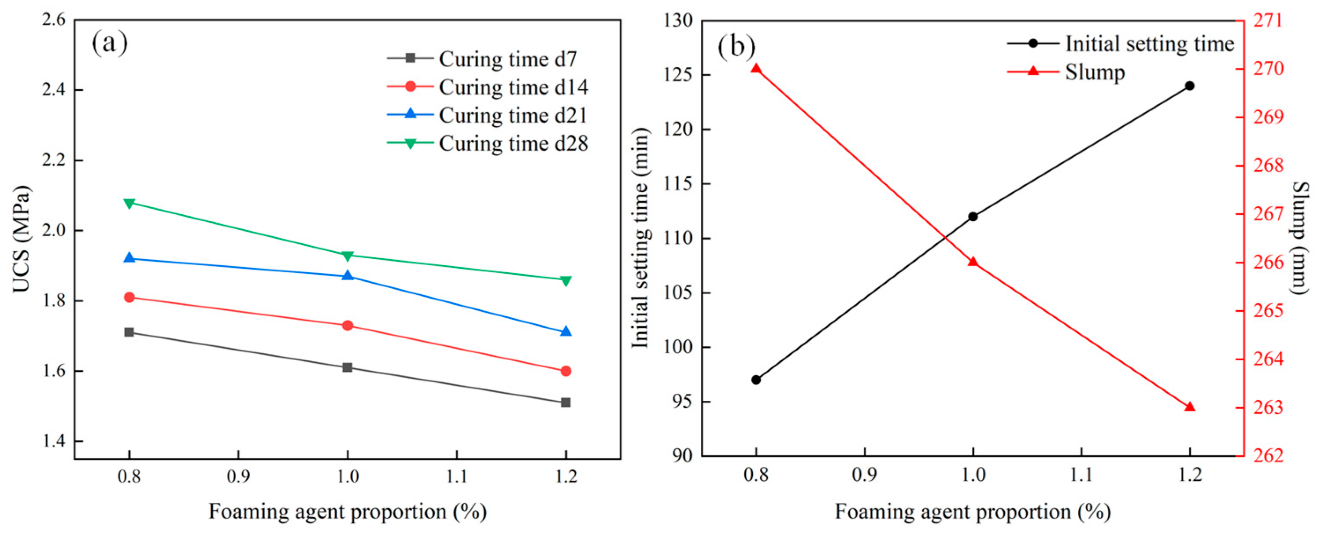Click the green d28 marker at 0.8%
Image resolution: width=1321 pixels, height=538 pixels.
[x=129, y=203]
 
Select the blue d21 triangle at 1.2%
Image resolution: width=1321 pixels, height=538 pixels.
[x=566, y=332]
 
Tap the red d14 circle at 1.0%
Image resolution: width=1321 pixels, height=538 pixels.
[x=348, y=326]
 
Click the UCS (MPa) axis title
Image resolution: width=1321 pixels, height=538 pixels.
[x=22, y=239]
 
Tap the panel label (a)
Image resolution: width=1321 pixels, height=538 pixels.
[x=110, y=43]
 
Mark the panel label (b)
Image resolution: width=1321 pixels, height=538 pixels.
[x=736, y=46]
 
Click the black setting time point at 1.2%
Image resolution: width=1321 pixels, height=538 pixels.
[x=1190, y=86]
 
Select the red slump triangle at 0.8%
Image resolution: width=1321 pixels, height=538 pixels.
[x=756, y=68]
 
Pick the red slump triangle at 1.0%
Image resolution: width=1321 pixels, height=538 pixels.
[x=973, y=262]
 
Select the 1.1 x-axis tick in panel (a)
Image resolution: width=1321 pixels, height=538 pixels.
[x=456, y=476]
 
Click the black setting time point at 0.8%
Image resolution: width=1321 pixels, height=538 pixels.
[x=756, y=380]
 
